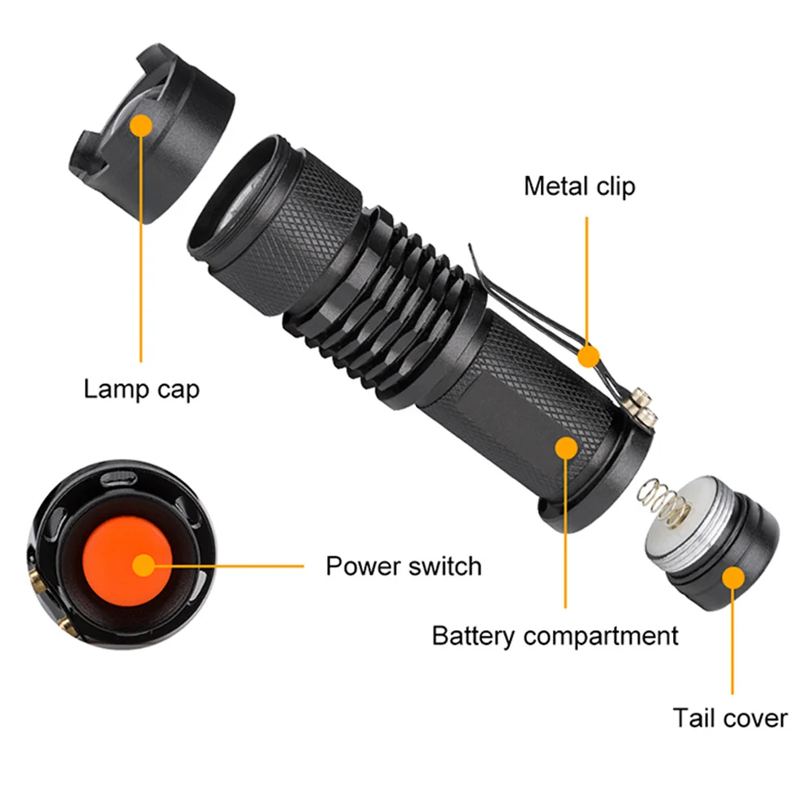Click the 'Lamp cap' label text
click(x=141, y=390)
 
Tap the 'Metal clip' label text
click(x=580, y=187)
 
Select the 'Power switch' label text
click(x=404, y=566)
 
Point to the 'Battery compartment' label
click(x=555, y=636)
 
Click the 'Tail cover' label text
click(x=730, y=719)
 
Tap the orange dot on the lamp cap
click(x=141, y=125)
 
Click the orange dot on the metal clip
click(x=588, y=356)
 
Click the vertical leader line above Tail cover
click(x=732, y=636)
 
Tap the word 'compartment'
click(x=601, y=637)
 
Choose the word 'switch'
click(x=445, y=566)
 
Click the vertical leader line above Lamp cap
click(x=140, y=244)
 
